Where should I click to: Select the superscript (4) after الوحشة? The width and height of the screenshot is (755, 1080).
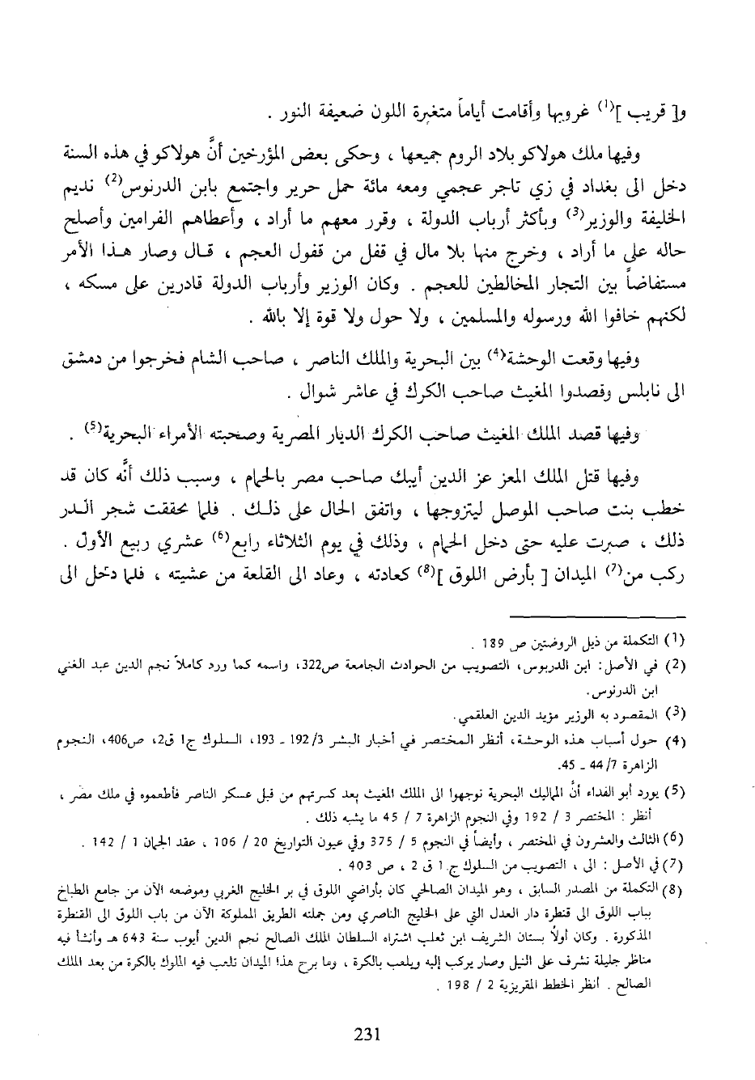tap(548, 354)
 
